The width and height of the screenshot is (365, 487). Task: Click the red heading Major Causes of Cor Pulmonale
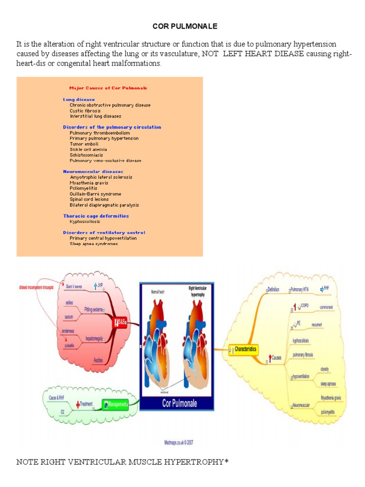(108, 88)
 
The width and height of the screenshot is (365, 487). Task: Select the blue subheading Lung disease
(79, 99)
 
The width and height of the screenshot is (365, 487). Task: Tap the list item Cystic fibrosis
(85, 110)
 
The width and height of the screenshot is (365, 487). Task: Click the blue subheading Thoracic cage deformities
(96, 216)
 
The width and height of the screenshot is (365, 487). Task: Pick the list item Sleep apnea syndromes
(94, 243)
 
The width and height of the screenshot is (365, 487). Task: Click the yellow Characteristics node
(245, 349)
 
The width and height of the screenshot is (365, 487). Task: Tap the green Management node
(116, 405)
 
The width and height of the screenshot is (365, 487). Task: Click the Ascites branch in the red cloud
(98, 360)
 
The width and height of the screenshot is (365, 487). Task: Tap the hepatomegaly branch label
(95, 339)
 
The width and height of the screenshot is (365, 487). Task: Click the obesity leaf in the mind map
(325, 369)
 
